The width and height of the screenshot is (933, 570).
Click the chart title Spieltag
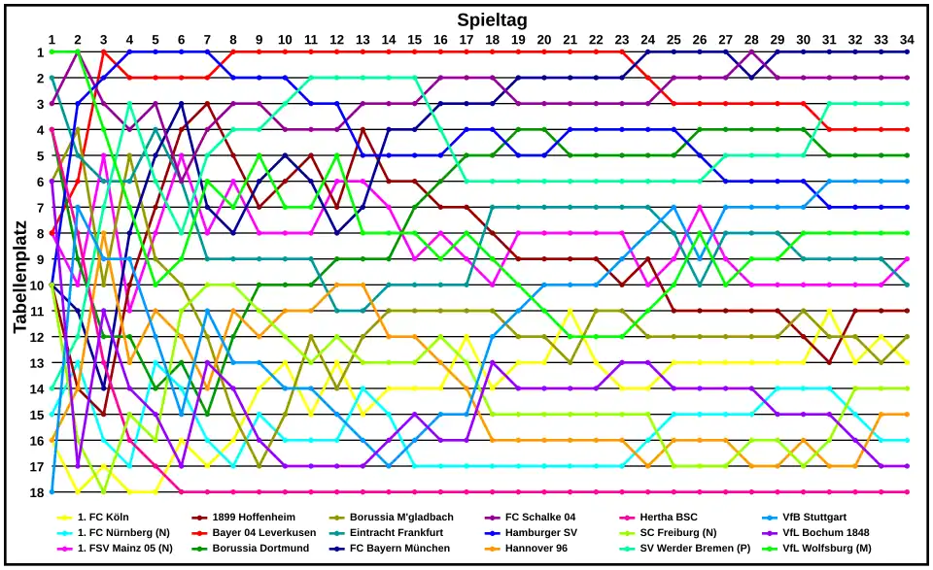(492, 19)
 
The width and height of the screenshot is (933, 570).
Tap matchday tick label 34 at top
(907, 40)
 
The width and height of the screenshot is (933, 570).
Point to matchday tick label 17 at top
(466, 40)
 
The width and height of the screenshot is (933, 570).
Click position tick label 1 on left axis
(39, 52)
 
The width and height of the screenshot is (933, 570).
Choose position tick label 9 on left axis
(39, 259)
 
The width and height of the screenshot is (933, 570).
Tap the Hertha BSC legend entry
(669, 518)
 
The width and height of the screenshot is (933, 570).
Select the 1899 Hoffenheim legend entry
(254, 518)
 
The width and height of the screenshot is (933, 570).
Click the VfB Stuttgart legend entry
(815, 518)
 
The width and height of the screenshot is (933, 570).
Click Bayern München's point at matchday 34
(907, 52)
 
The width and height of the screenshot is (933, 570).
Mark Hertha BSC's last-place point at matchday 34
(907, 492)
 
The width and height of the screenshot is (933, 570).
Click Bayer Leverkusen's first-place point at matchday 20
(544, 52)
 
